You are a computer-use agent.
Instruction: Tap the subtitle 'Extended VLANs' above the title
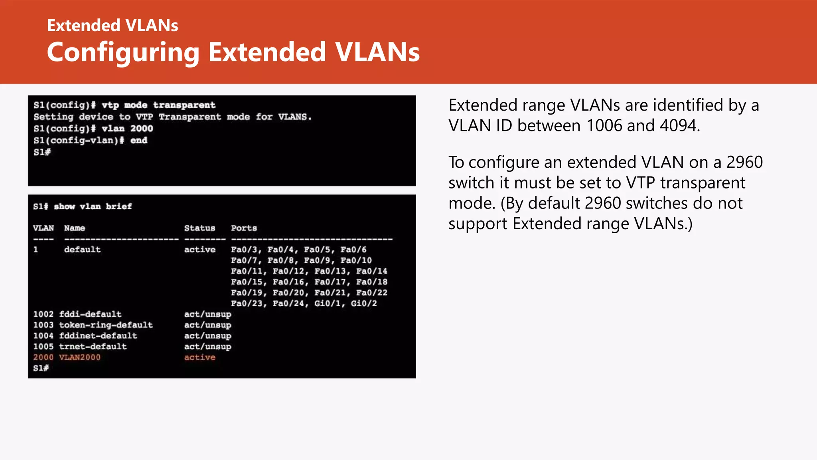112,26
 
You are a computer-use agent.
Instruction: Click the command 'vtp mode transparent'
158,105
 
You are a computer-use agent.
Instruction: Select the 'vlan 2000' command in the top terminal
127,129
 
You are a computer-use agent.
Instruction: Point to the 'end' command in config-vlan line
138,141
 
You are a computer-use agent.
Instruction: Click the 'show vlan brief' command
93,206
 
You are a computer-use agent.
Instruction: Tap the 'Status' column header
199,228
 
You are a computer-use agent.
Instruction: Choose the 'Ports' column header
244,228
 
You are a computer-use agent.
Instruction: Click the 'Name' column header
75,228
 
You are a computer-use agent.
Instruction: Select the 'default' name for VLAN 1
82,250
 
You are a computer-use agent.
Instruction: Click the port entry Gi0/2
363,303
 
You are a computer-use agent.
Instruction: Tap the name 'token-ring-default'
106,325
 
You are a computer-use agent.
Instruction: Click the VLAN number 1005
43,347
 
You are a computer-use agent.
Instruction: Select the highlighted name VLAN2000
80,357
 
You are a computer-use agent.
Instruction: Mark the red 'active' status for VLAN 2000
199,357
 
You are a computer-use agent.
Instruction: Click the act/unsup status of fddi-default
207,314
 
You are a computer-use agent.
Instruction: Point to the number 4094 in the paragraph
678,125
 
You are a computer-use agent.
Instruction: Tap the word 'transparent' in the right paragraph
703,183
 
